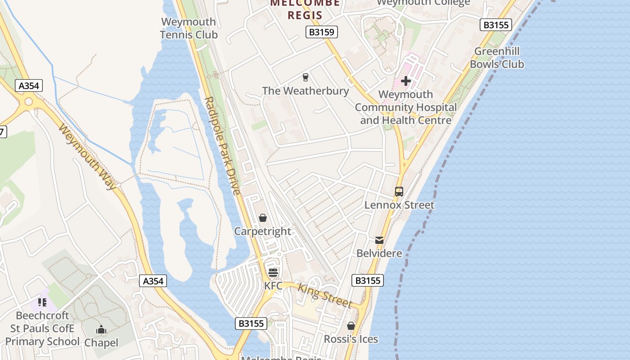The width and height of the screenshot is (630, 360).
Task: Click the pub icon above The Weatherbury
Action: click(306, 77)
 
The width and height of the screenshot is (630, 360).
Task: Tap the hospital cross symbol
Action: click(406, 81)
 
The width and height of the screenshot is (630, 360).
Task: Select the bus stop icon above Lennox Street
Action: click(399, 192)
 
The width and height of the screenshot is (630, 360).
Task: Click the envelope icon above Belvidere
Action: click(379, 240)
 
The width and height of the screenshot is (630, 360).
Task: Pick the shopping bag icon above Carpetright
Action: click(263, 218)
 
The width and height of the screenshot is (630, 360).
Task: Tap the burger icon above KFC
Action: click(273, 273)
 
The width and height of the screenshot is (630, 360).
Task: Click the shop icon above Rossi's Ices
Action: click(351, 326)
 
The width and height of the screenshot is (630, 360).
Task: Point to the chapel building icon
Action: click(101, 330)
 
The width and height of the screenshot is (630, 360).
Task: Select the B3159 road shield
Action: click(322, 32)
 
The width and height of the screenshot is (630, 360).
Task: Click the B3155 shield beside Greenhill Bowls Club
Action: click(496, 25)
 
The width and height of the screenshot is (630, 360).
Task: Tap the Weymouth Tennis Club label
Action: click(189, 28)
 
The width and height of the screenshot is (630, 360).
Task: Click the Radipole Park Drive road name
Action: click(222, 146)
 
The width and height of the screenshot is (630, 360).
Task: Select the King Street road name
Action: click(325, 296)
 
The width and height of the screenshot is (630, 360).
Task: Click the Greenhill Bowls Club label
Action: click(497, 58)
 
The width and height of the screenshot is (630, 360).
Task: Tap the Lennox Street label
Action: click(399, 205)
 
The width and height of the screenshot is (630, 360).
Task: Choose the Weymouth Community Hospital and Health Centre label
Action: click(405, 108)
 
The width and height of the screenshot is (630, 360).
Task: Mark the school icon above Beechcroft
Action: click(42, 302)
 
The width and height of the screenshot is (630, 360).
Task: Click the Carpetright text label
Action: click(263, 231)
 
